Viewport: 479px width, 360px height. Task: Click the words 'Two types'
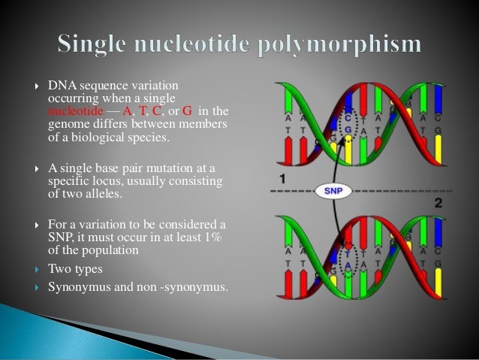tap(75, 268)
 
